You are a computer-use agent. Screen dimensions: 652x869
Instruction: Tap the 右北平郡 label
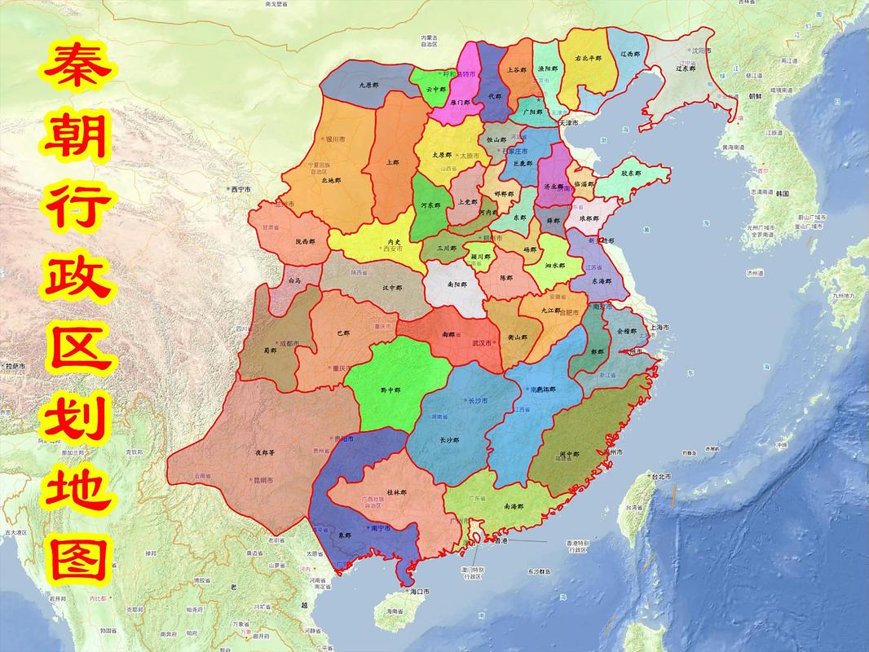(x=587, y=59)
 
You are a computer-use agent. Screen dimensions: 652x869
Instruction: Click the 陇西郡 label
(x=306, y=241)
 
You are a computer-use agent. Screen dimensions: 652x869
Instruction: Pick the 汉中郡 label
(x=392, y=288)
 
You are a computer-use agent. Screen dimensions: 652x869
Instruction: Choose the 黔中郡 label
(x=390, y=390)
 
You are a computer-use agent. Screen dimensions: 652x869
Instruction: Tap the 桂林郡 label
(x=396, y=493)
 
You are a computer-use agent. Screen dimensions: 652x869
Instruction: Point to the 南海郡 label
(x=514, y=506)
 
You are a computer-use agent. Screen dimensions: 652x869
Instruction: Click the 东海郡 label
(x=602, y=280)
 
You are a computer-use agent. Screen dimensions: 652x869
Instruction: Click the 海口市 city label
(x=420, y=591)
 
